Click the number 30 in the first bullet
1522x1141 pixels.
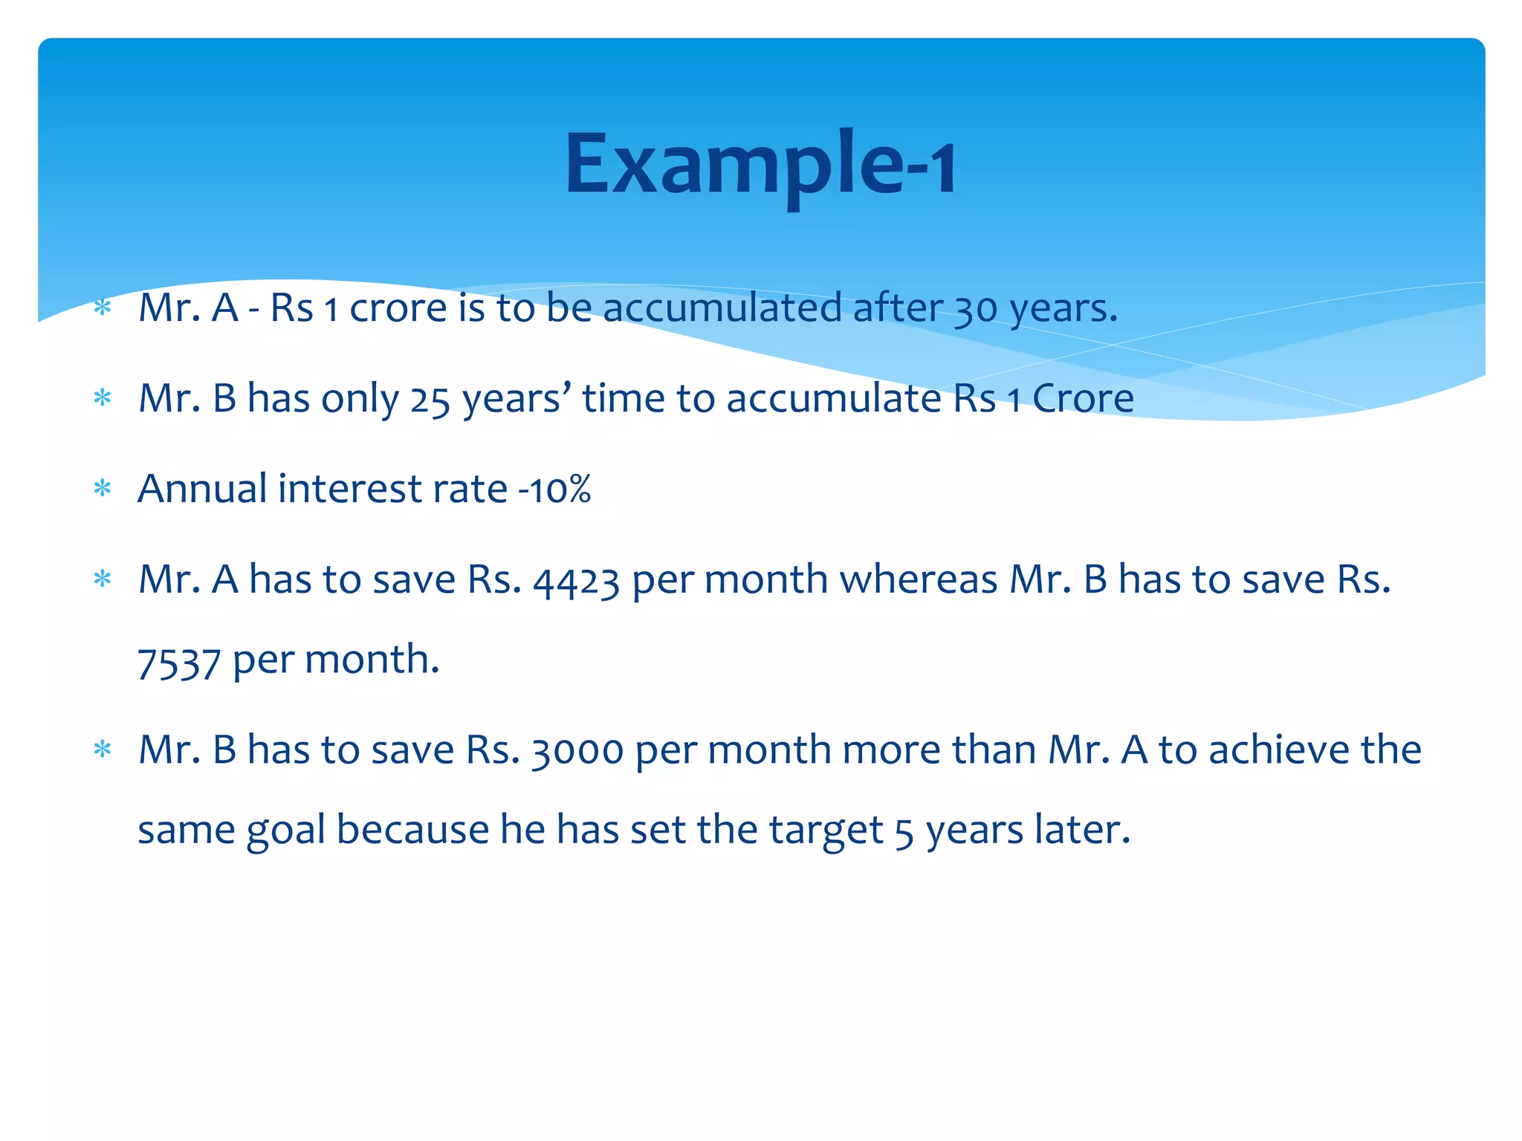(x=976, y=308)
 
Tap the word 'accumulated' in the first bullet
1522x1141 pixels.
(x=722, y=308)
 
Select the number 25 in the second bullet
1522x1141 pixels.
(x=430, y=400)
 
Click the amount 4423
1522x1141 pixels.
(x=577, y=581)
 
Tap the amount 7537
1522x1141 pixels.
(x=179, y=661)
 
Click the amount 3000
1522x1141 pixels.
(x=577, y=750)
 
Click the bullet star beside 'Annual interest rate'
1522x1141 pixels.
(x=103, y=489)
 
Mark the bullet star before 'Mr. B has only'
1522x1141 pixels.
(x=103, y=398)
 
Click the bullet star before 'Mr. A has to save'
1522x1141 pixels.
(x=103, y=579)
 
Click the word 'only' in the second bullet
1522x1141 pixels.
(x=360, y=400)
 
